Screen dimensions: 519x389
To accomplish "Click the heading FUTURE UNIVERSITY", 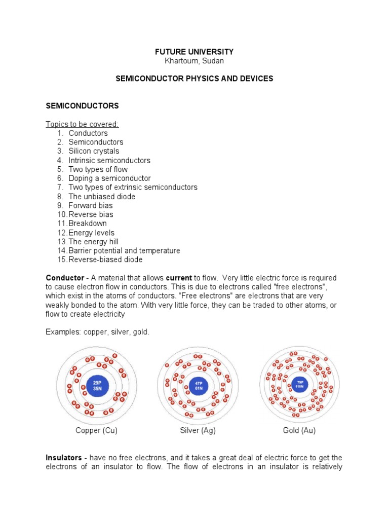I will pyautogui.click(x=194, y=52).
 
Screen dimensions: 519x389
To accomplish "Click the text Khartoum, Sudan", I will pyautogui.click(x=194, y=61).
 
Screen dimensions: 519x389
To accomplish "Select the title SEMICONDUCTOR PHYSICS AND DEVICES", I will pyautogui.click(x=194, y=79).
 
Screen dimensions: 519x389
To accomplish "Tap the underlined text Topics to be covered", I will pyautogui.click(x=82, y=124).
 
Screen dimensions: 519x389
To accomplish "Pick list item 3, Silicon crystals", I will pyautogui.click(x=94, y=151).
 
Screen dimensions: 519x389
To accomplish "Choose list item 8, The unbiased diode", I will pyautogui.click(x=102, y=196).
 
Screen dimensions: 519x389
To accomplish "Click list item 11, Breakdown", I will pyautogui.click(x=88, y=224).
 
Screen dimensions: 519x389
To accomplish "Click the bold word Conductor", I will pyautogui.click(x=65, y=278).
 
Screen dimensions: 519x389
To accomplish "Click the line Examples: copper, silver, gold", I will pyautogui.click(x=98, y=331).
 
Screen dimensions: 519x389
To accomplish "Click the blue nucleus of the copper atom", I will pyautogui.click(x=97, y=385).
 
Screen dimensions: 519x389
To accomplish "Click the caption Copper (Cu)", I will pyautogui.click(x=96, y=430).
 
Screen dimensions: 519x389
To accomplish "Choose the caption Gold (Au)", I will pyautogui.click(x=299, y=430).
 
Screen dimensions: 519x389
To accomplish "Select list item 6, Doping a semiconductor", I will pyautogui.click(x=109, y=178).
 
